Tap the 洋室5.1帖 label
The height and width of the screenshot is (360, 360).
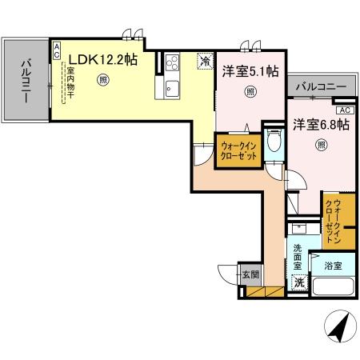tap(250, 71)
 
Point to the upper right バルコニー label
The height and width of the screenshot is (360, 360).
tap(320, 86)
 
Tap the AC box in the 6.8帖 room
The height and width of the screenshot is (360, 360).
tap(344, 110)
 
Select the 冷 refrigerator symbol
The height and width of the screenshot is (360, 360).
tap(206, 60)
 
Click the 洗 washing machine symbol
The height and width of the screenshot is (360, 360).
tap(298, 282)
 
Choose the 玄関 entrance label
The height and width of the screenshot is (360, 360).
tap(250, 274)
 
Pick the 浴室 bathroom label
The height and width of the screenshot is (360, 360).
tap(334, 265)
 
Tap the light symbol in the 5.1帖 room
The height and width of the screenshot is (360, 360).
tap(250, 90)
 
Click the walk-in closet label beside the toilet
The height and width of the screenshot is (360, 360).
tap(238, 152)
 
